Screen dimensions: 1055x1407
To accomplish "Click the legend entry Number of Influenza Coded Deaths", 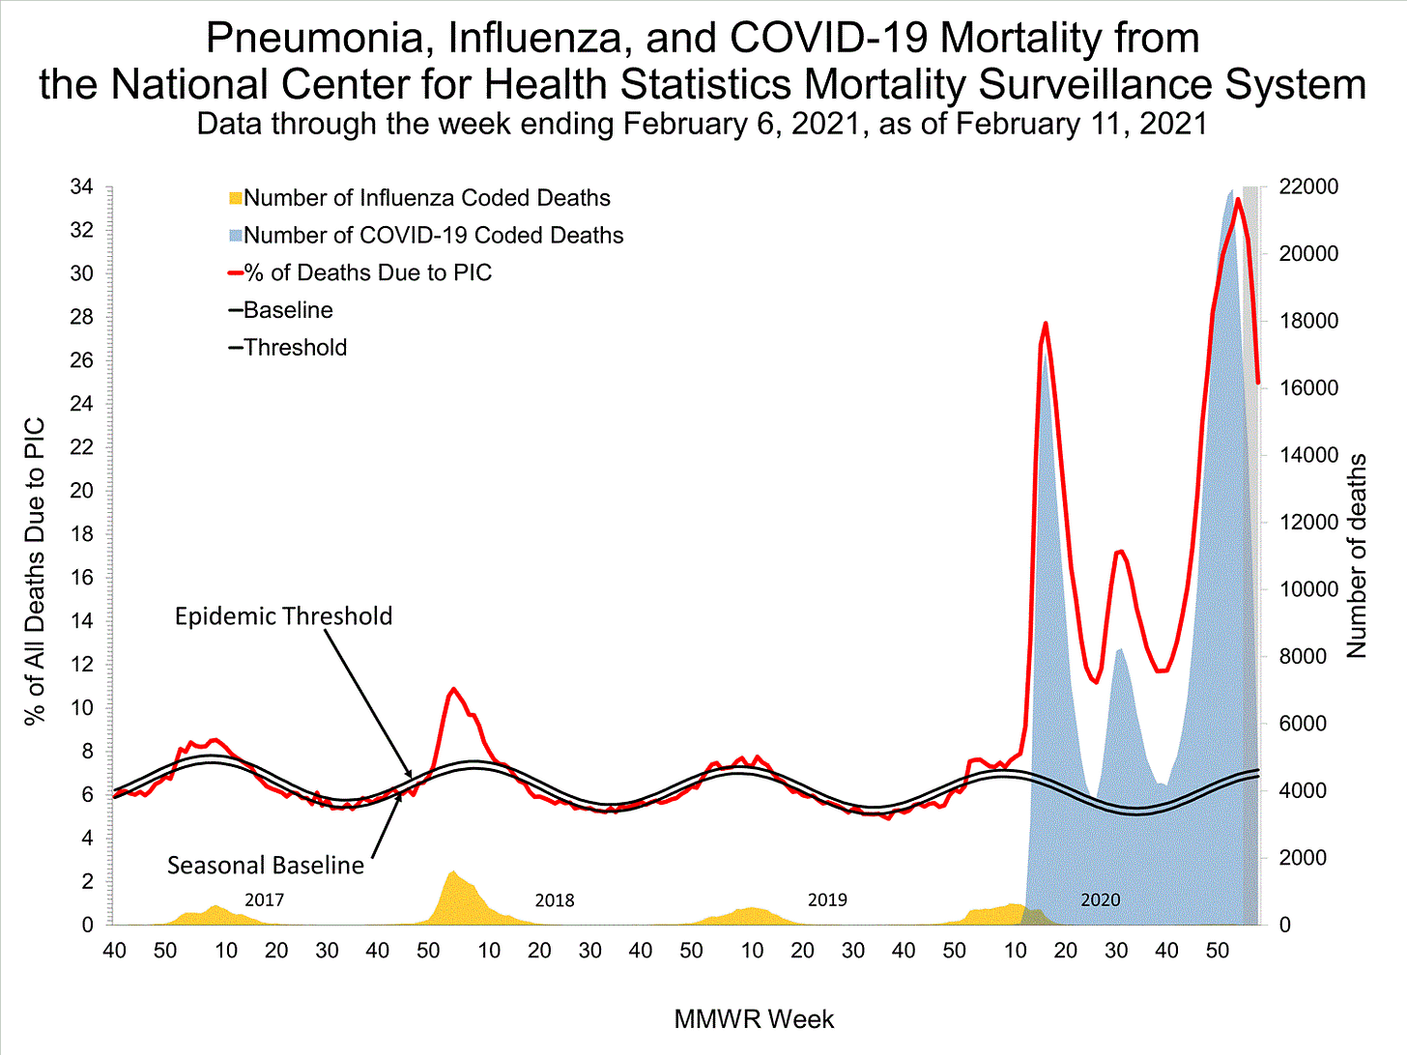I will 426,198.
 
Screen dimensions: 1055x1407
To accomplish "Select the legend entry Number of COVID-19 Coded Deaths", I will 433,236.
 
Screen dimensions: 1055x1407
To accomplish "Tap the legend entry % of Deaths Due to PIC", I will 367,273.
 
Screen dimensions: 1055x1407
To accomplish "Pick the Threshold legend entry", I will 295,348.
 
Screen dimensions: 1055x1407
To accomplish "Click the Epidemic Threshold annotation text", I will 283,616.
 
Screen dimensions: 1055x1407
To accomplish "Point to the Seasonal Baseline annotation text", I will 266,866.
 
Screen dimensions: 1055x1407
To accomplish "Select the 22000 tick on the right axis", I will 1308,186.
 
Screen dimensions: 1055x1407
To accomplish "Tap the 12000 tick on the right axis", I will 1308,523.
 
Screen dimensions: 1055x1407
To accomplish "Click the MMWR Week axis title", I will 754,1019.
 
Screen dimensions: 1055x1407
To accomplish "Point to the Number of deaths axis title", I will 1358,556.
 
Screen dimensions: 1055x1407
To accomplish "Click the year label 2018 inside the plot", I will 554,900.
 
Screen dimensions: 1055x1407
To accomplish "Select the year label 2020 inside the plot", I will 1100,900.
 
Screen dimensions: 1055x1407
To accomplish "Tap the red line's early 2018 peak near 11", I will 452,690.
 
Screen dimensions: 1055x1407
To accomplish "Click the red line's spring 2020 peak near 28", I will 1046,324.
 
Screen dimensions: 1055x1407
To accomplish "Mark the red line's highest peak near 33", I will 1238,200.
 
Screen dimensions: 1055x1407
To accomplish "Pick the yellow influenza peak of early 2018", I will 452,872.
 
